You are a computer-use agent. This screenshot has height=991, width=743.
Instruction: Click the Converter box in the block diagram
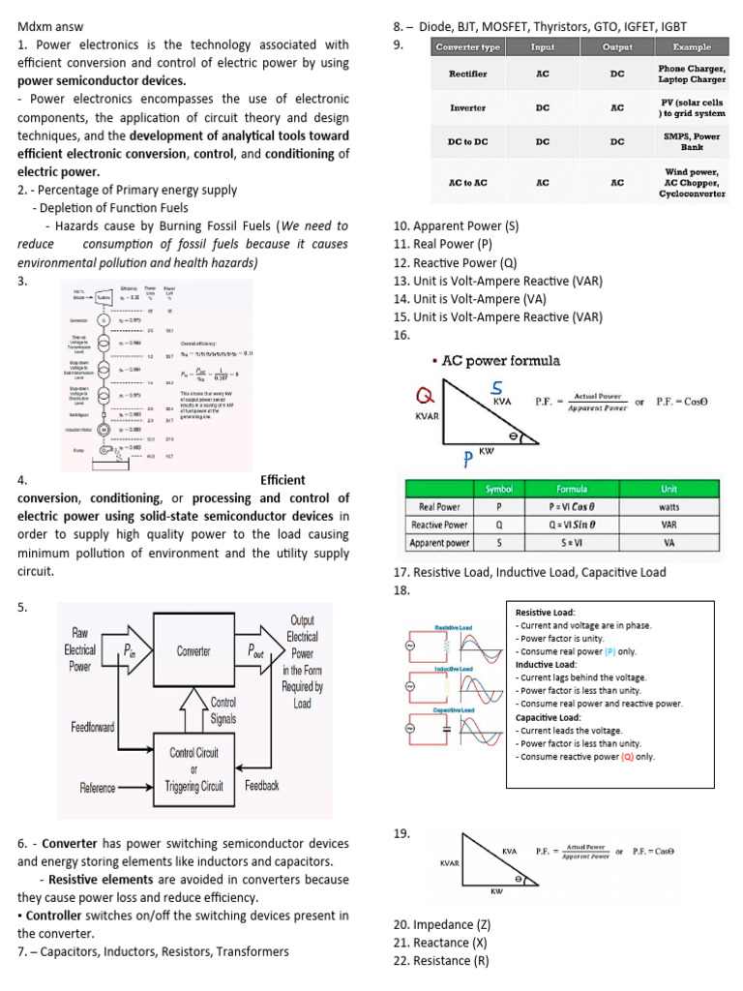(193, 651)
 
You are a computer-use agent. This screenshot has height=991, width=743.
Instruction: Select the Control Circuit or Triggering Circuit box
(193, 768)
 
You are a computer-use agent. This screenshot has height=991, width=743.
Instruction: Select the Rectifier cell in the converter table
(467, 74)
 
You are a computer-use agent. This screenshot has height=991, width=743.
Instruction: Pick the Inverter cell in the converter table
(467, 108)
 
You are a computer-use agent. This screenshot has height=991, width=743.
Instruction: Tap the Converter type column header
(468, 47)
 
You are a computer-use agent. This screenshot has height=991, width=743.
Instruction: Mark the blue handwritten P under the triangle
(467, 458)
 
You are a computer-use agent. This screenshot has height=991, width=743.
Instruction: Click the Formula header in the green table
(571, 489)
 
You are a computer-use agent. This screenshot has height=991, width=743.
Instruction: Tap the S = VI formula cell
(571, 543)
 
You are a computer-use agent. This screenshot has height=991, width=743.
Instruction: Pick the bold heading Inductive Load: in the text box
(546, 665)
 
